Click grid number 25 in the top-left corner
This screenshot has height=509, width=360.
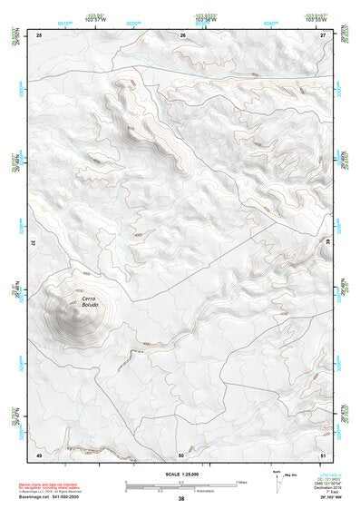click(x=39, y=34)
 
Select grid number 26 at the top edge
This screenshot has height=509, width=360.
click(x=183, y=34)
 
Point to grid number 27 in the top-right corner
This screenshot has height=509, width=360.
click(x=324, y=34)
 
